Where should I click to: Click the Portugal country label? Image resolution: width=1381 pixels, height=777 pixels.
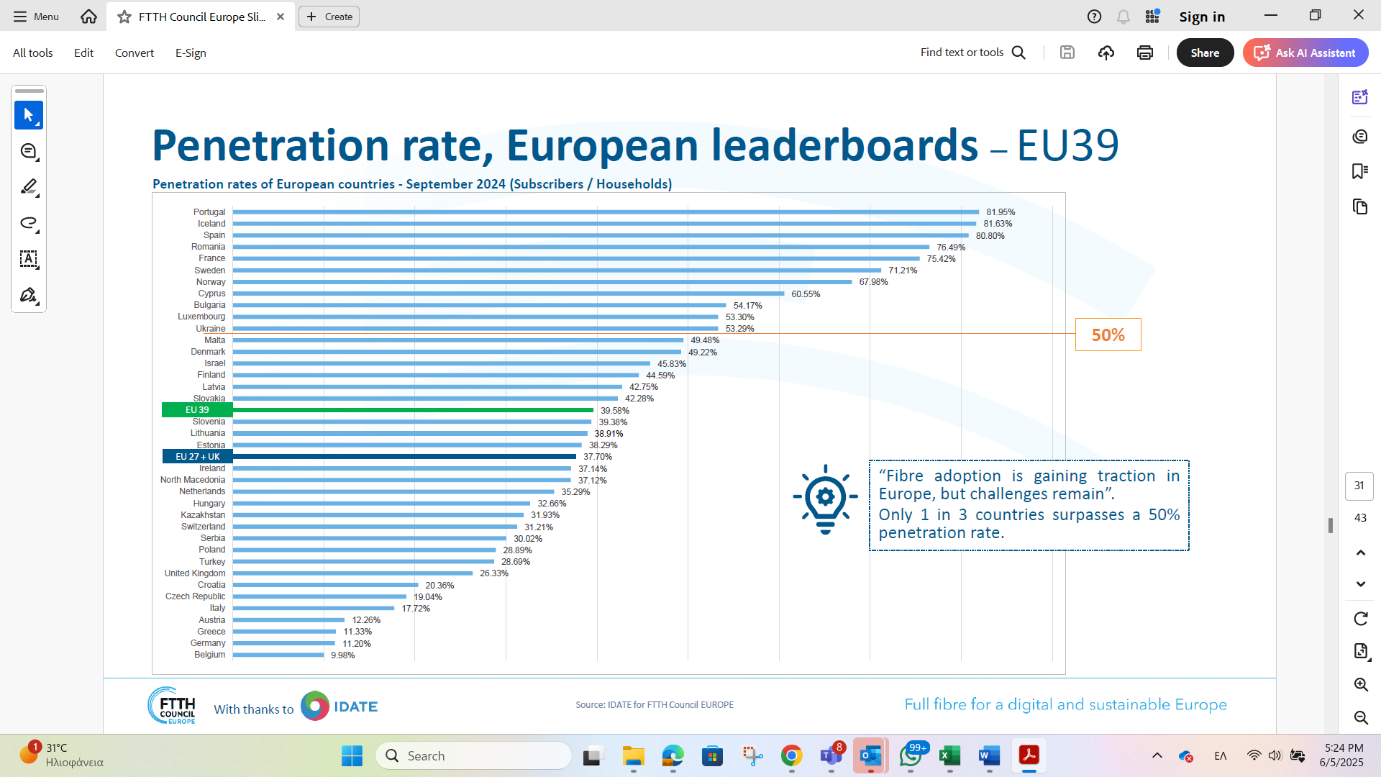(x=209, y=212)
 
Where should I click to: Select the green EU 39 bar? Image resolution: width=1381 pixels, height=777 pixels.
(x=413, y=410)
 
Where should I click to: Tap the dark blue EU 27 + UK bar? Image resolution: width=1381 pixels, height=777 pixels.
(x=404, y=457)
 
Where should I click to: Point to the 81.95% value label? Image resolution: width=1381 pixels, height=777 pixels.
(x=1001, y=212)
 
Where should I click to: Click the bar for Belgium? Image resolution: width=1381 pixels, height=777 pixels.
(x=278, y=655)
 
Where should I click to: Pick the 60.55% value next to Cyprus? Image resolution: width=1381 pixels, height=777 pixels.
(x=806, y=294)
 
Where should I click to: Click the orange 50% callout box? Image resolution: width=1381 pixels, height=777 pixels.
(x=1108, y=335)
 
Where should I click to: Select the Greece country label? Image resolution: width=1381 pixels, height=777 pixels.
(x=211, y=632)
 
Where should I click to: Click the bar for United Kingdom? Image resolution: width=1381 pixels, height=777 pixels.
(x=352, y=573)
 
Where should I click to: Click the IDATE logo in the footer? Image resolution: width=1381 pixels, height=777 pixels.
(x=339, y=706)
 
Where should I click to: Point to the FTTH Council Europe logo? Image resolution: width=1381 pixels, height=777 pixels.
(x=172, y=706)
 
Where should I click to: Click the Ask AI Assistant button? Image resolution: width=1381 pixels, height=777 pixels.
(x=1305, y=53)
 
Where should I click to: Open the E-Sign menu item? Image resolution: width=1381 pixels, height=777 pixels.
(x=191, y=53)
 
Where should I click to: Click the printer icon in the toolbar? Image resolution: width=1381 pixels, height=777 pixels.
(x=1144, y=53)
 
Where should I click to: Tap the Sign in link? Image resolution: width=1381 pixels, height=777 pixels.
(x=1201, y=17)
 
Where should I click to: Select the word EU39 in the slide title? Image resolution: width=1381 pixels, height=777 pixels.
(x=1067, y=145)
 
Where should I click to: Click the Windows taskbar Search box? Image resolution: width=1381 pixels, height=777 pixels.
(x=473, y=755)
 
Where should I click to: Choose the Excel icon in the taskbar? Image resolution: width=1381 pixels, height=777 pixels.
(x=949, y=755)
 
